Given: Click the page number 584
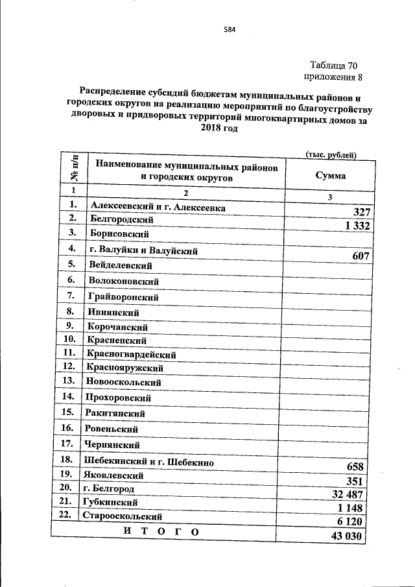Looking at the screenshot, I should point(229,29).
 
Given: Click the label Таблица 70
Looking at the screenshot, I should point(333,66).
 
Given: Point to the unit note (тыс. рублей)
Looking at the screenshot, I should point(331,154).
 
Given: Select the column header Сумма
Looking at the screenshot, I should point(330,175).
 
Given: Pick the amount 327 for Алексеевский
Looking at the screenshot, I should point(361,212).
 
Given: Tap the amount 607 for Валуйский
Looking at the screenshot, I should point(361,256).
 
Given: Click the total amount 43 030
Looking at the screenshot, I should point(346,538).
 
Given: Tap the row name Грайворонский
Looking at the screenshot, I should point(123,297).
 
